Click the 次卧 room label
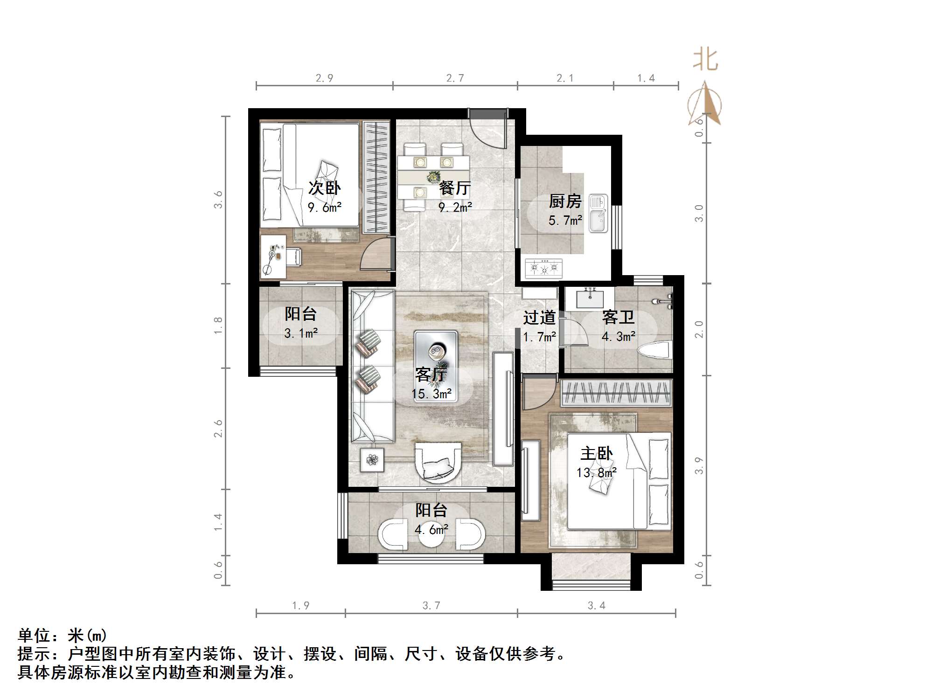click(x=324, y=188)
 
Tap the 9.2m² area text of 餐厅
click(x=455, y=207)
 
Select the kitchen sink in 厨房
click(x=598, y=214)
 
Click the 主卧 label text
click(x=596, y=453)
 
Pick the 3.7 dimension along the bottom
click(x=431, y=605)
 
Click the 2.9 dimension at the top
click(x=324, y=78)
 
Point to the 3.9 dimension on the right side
click(x=699, y=466)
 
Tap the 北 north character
click(x=705, y=60)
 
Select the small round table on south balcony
click(x=431, y=536)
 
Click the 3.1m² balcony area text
click(x=301, y=333)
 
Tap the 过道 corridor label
click(x=539, y=318)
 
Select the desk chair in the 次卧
click(x=294, y=256)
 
